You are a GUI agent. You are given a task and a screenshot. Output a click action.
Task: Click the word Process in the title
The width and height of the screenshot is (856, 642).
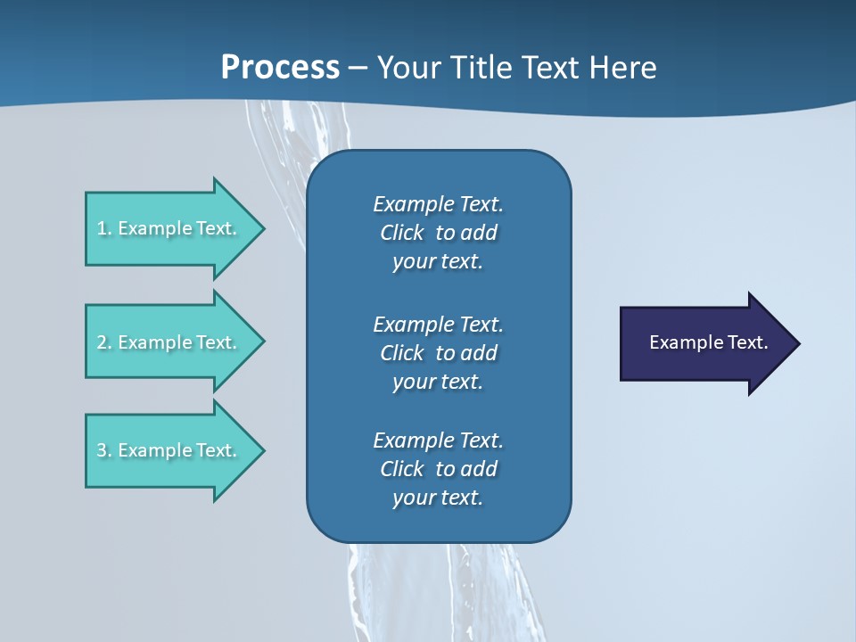tap(280, 68)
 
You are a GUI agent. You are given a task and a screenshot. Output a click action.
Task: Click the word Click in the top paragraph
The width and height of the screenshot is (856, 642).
tap(402, 233)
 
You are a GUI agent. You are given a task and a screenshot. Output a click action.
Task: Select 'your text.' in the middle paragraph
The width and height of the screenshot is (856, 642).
tap(438, 382)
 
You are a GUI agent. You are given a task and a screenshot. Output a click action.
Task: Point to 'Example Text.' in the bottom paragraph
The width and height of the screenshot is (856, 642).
tap(438, 440)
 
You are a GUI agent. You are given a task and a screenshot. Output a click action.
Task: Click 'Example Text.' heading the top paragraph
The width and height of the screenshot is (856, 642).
tap(438, 204)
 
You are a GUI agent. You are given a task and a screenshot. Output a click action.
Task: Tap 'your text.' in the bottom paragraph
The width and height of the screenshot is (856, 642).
tap(438, 498)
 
